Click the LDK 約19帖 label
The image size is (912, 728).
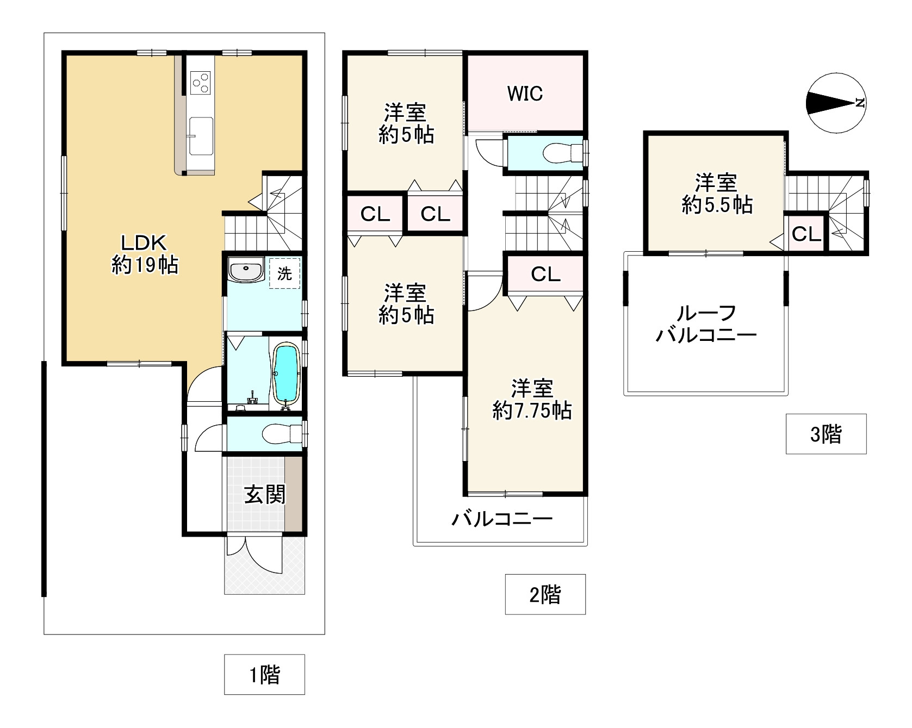click(x=145, y=254)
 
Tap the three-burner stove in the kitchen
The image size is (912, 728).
click(x=200, y=83)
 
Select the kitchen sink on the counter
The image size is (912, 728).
click(x=200, y=129)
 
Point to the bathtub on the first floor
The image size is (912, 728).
click(x=286, y=374)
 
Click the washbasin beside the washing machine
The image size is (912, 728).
click(x=245, y=270)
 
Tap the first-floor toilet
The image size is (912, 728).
click(x=282, y=434)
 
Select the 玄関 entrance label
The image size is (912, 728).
click(x=264, y=495)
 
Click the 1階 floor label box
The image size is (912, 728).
click(x=264, y=675)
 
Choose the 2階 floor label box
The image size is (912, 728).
click(x=545, y=594)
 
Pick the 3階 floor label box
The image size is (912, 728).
click(x=826, y=434)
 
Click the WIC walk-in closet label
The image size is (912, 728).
click(x=525, y=94)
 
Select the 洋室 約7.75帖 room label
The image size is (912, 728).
click(x=532, y=400)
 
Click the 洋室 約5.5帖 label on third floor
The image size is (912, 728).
click(x=717, y=194)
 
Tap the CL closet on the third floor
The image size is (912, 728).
click(x=805, y=234)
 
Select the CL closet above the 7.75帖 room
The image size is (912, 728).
click(x=545, y=274)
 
